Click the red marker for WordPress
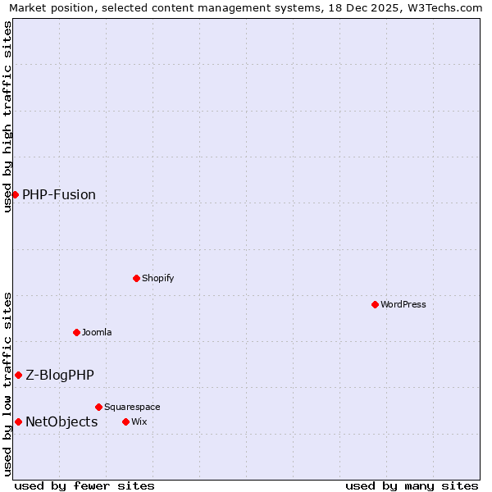pos(375,304)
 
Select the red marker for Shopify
pos(136,278)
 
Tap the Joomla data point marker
pos(76,332)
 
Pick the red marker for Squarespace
pos(98,407)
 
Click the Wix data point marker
pos(125,421)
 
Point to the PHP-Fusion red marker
pos(15,194)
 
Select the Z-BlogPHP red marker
pos(18,375)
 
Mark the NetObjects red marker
pos(18,421)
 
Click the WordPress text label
pos(403,304)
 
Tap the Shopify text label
pos(158,278)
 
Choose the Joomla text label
pos(97,332)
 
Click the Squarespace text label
pos(132,407)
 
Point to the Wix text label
pos(139,421)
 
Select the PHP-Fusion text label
pos(59,194)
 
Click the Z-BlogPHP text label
pos(60,375)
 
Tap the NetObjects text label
pos(61,421)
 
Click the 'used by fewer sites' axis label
pos(84,485)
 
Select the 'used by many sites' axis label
pos(412,485)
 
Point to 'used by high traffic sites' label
pos(7,116)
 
